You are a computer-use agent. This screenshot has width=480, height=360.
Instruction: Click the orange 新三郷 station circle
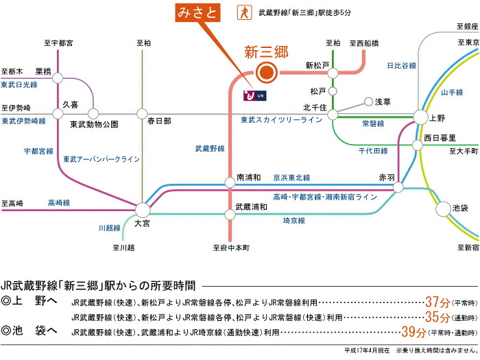point(265,71)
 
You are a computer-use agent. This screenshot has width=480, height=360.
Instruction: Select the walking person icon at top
point(242,12)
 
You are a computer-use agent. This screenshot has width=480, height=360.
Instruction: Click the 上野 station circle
point(420,117)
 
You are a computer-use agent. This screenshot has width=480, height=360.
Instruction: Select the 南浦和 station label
point(248,176)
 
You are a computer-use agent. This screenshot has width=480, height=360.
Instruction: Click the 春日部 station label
point(159,121)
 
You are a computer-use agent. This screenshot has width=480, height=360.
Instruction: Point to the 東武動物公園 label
point(95,125)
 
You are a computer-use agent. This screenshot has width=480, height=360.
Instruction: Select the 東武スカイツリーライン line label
point(281,121)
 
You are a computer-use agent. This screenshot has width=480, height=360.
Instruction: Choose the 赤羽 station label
point(387,178)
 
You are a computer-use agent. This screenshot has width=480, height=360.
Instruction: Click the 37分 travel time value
point(436,301)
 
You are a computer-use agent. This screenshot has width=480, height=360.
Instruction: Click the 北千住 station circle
point(333,115)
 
